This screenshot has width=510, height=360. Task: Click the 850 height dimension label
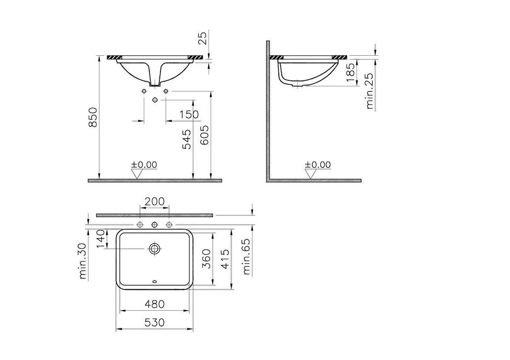93,117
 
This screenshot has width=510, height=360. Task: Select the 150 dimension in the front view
189,114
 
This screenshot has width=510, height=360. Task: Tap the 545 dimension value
187,139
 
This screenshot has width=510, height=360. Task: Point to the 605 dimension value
204,136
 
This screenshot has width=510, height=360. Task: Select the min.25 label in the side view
370,91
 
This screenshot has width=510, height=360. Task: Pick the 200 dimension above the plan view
155,202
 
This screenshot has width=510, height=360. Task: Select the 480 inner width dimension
154,304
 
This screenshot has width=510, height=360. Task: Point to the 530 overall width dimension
154,323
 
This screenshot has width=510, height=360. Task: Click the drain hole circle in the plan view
154,249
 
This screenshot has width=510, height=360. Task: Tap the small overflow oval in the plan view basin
154,281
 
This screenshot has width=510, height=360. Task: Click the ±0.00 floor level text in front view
144,164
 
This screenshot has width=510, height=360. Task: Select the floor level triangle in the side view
311,173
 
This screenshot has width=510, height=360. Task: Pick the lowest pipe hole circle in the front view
155,99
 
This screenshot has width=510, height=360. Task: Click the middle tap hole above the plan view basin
155,224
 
